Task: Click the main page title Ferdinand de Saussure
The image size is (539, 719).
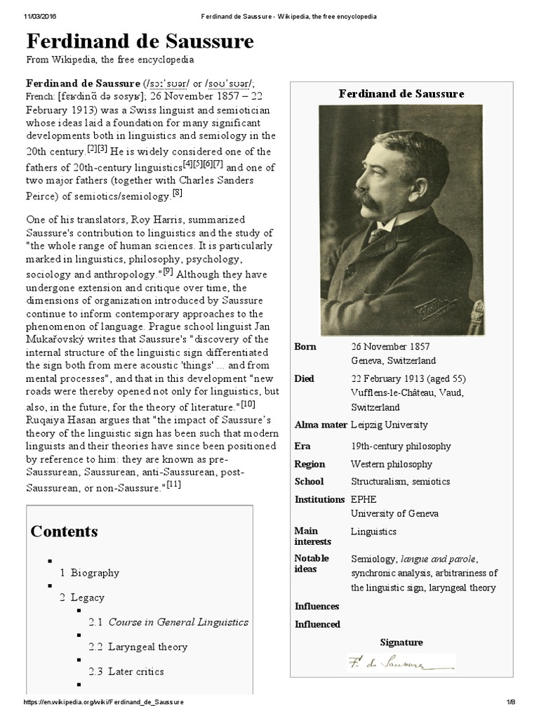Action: coord(140,42)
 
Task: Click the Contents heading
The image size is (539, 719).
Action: coord(64,531)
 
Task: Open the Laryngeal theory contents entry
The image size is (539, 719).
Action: coord(138,647)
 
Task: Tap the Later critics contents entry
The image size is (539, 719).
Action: coord(126,671)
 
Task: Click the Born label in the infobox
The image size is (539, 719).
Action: coord(305,347)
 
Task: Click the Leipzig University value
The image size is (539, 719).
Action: coord(389,425)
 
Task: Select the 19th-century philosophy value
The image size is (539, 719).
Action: coord(401,447)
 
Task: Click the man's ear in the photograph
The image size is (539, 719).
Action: coord(407,176)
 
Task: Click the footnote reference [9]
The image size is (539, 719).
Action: coord(168,271)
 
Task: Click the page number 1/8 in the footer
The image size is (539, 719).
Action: coord(511,703)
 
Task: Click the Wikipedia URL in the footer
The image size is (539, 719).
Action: coord(103,703)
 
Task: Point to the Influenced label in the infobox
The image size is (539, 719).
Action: coord(317,624)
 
